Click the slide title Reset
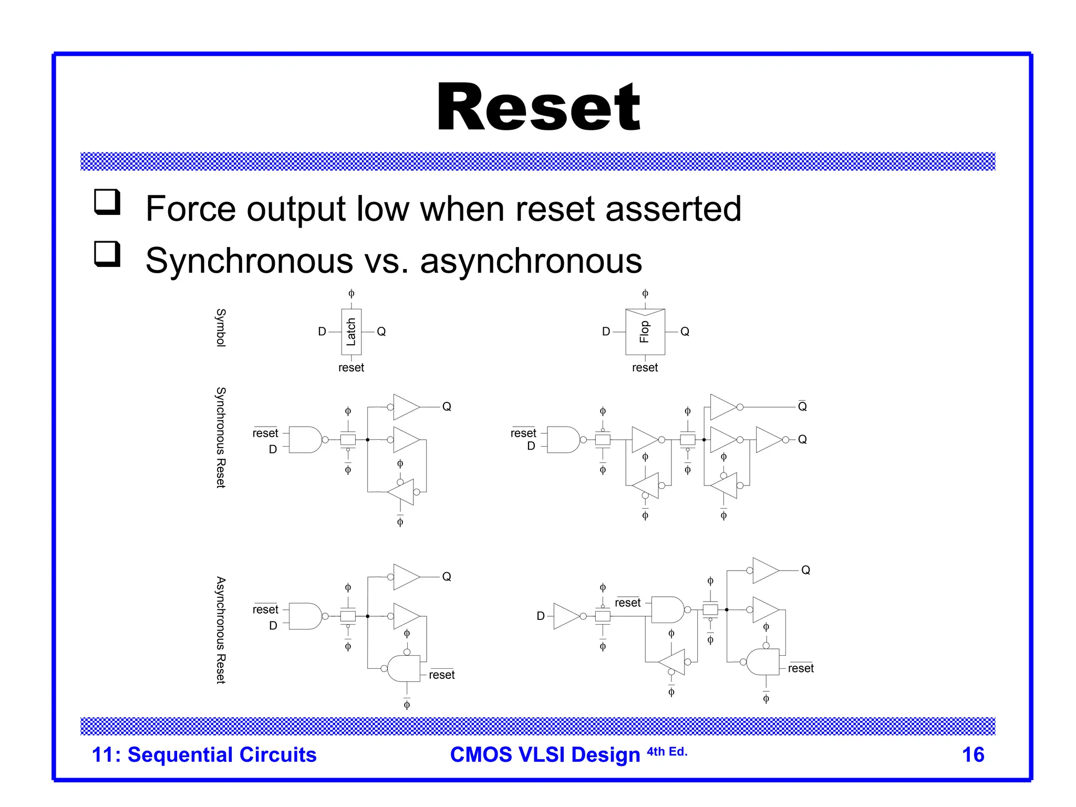coord(538,108)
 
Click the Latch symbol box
coord(351,332)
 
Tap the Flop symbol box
coord(645,332)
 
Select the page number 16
coord(972,754)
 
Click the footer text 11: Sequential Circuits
coord(204,754)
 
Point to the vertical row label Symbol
coord(221,327)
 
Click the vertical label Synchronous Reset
coord(221,437)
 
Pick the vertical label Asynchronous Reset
coord(221,629)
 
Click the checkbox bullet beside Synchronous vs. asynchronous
coord(107,254)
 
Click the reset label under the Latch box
coord(351,368)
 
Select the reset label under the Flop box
coord(645,368)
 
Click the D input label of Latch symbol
coord(322,332)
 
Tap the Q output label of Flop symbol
coord(685,332)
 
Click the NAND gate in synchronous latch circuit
coord(306,440)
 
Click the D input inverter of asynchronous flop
coord(567,616)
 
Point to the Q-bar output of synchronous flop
coord(802,406)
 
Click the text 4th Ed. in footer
coord(667,752)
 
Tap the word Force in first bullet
coord(190,209)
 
